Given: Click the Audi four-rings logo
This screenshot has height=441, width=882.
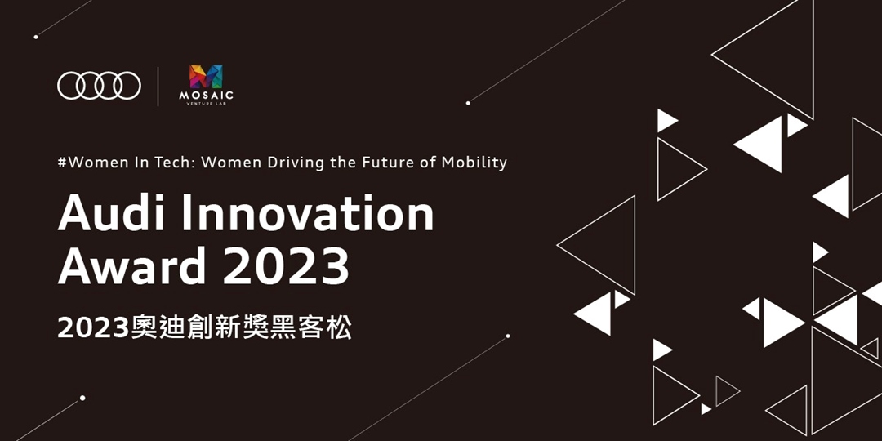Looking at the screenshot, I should click(99, 85).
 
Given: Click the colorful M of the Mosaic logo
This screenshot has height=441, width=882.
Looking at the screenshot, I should click(206, 77).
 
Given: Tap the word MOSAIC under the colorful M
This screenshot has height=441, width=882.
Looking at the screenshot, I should click(206, 96).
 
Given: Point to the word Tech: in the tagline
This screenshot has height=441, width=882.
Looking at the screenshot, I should click(173, 162).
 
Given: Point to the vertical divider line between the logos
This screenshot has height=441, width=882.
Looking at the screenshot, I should click(158, 86).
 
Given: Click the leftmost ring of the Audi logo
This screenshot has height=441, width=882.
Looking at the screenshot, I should click(71, 85).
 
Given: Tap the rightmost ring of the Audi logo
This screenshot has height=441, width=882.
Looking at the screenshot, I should click(127, 85).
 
